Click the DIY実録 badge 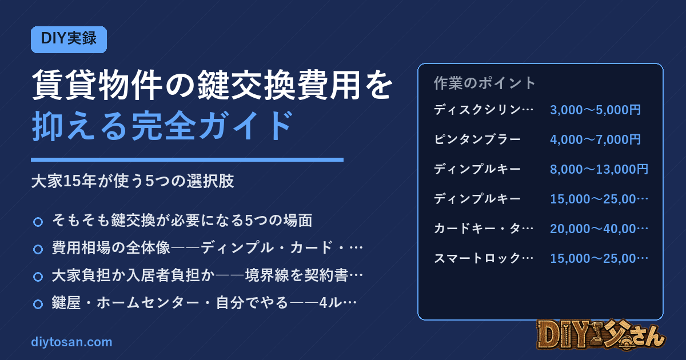[x=69, y=39]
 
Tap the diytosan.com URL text [x=71, y=342]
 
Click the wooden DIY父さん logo [x=601, y=334]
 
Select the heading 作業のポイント [x=484, y=83]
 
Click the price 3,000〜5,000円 [x=595, y=110]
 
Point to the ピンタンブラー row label [x=477, y=139]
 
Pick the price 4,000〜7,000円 [x=595, y=139]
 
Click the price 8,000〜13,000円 [x=599, y=169]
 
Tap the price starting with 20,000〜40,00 [x=599, y=229]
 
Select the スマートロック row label [x=484, y=258]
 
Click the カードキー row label [x=484, y=229]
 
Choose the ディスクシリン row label [x=484, y=110]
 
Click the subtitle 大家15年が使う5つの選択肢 [x=133, y=181]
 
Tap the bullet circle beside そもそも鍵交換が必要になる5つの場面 [x=38, y=222]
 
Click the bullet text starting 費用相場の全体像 [x=208, y=247]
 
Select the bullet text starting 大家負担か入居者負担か [x=208, y=275]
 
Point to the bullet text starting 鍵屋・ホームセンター [x=204, y=303]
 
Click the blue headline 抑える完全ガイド [x=162, y=126]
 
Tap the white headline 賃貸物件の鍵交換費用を [x=212, y=85]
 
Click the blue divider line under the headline [x=187, y=159]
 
